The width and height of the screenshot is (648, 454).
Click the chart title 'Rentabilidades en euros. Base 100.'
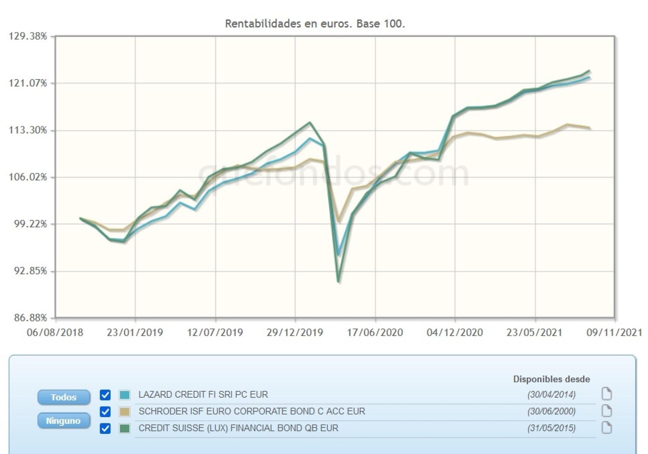(x=315, y=24)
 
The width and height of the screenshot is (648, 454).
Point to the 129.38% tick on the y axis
(x=28, y=36)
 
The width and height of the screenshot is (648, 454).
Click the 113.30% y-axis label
(x=28, y=130)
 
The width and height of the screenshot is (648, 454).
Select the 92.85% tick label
(x=28, y=271)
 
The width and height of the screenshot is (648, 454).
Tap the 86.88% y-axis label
(x=28, y=317)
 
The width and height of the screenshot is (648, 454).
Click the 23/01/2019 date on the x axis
(x=135, y=332)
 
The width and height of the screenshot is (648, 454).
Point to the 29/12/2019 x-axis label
(x=295, y=332)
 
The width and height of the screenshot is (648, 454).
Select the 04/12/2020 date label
(x=455, y=332)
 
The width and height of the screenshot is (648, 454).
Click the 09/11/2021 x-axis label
(x=614, y=332)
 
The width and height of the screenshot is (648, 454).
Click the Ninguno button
(x=63, y=421)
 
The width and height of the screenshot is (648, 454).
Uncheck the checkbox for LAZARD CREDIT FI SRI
(x=105, y=395)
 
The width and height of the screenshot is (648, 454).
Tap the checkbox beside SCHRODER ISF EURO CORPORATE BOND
(x=105, y=411)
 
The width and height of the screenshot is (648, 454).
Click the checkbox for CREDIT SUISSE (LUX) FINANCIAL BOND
(x=105, y=428)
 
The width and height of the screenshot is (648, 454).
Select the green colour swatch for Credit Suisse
(x=125, y=428)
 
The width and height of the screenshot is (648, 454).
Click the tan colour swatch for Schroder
(x=125, y=411)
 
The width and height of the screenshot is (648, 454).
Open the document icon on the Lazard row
(x=607, y=394)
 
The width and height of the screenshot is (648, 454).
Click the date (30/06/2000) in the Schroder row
(x=551, y=411)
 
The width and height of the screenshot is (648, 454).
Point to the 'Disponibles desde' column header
(x=552, y=379)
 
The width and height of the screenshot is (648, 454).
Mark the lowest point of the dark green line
(x=338, y=281)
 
